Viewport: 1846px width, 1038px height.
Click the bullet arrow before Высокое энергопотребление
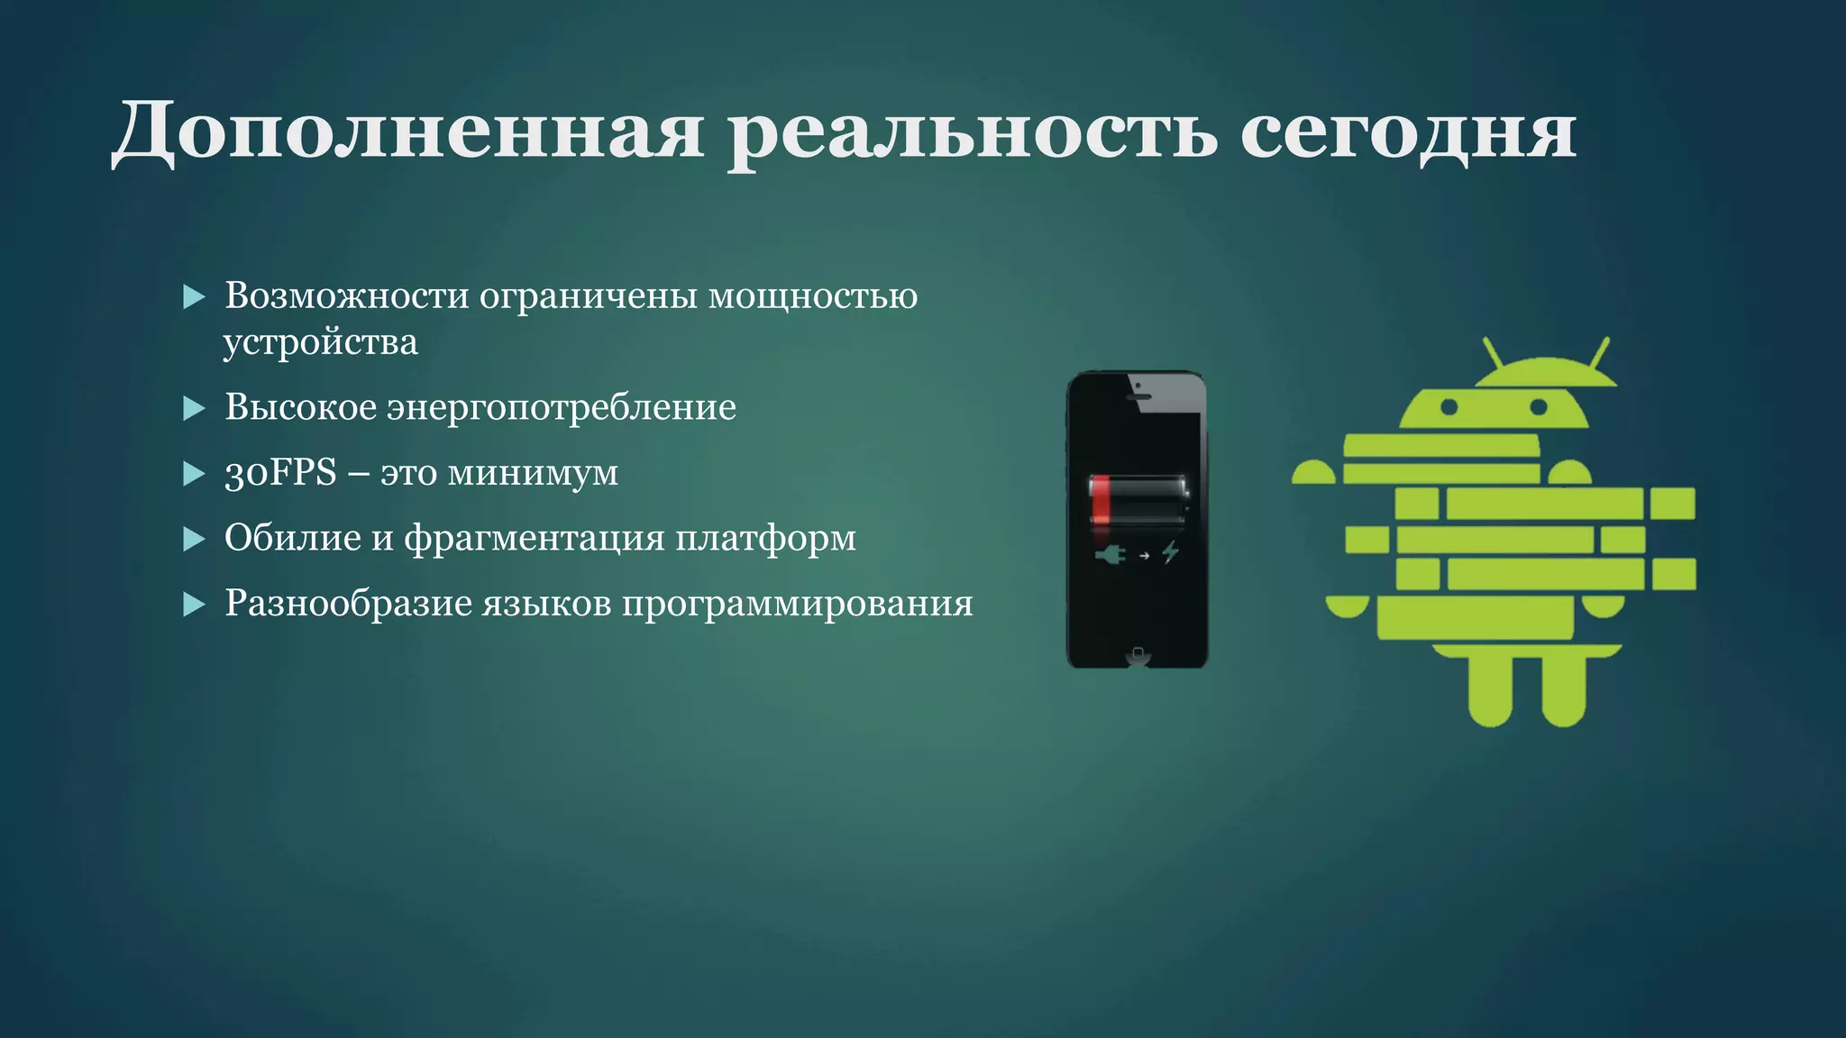(x=194, y=409)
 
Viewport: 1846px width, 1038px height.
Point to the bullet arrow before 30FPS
(x=194, y=474)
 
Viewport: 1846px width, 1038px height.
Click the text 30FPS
(x=280, y=472)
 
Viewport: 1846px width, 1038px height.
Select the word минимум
(x=533, y=473)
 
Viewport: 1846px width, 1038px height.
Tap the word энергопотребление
(x=562, y=408)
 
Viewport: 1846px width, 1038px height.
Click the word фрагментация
(x=534, y=539)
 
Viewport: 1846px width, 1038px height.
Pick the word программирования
(x=798, y=604)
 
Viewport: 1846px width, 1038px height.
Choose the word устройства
(x=321, y=342)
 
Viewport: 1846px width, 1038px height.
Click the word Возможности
(x=346, y=296)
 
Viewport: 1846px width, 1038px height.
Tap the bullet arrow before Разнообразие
(x=194, y=604)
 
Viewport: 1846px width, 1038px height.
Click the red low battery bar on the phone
(x=1101, y=499)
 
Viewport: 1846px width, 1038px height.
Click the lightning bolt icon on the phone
(x=1171, y=551)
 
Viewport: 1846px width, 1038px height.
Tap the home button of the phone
(x=1138, y=652)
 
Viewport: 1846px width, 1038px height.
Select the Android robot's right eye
(x=1539, y=407)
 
